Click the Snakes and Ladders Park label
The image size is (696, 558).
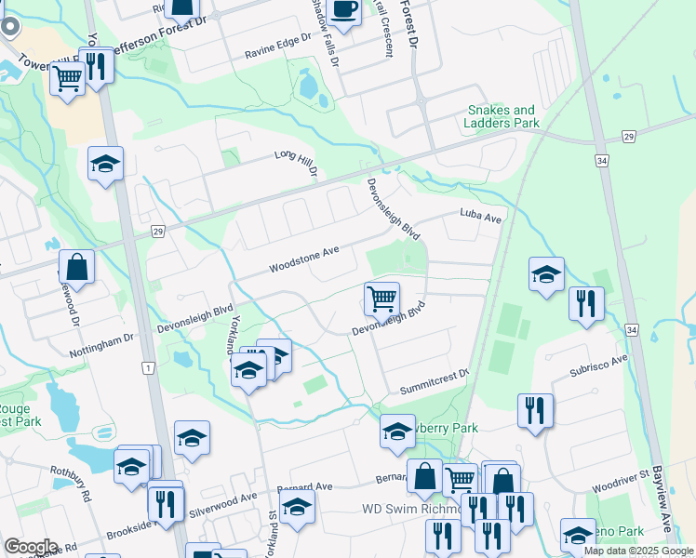point(502,116)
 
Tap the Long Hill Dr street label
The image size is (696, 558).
point(296,164)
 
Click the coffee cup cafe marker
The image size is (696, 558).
point(344,12)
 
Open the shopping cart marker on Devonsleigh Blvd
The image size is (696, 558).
point(381,299)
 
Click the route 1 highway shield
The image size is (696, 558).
point(147,368)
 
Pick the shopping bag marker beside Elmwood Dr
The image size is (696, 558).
point(76,267)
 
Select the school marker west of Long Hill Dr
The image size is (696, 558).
point(106,165)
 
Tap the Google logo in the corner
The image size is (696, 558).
point(31,547)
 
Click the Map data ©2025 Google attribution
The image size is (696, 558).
point(637,551)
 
